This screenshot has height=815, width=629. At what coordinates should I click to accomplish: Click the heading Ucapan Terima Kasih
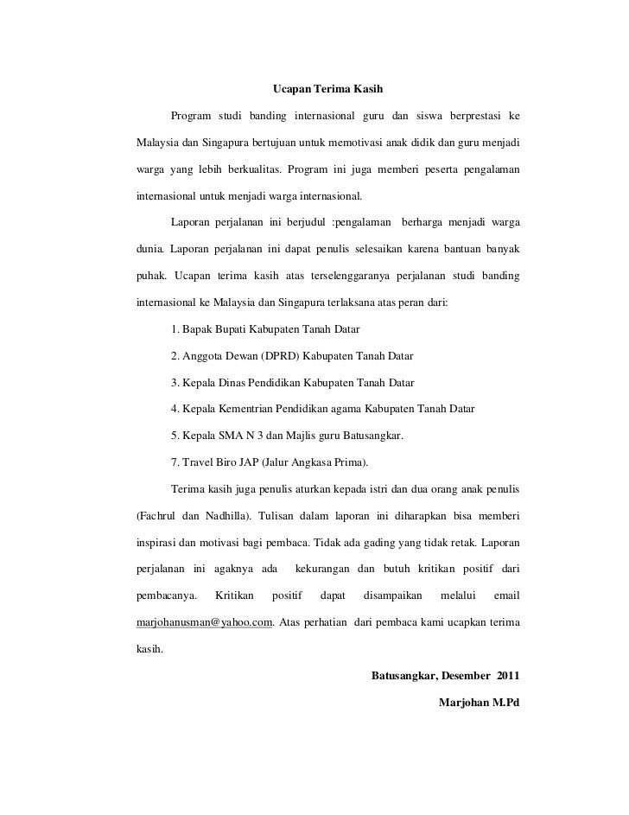point(327,89)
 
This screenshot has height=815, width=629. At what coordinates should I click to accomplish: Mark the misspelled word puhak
point(151,277)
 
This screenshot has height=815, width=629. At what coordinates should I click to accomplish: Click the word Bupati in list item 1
point(237,329)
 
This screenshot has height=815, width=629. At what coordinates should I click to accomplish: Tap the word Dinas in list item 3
point(237,382)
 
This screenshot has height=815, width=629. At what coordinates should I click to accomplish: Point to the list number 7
point(175,461)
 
